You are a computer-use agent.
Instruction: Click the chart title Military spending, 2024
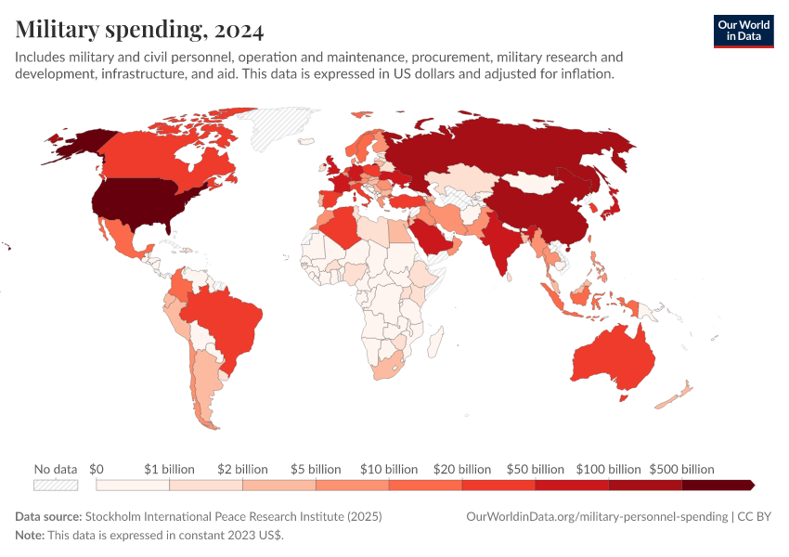tap(139, 31)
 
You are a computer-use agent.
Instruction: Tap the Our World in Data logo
tap(743, 31)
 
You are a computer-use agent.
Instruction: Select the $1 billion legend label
tap(170, 469)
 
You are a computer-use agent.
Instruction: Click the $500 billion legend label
tap(681, 469)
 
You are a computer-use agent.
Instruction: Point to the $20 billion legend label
tap(461, 469)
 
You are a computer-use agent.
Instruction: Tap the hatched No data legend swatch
tap(56, 485)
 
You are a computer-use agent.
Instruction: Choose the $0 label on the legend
tap(97, 469)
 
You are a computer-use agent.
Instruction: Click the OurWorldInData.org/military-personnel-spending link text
tap(596, 516)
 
